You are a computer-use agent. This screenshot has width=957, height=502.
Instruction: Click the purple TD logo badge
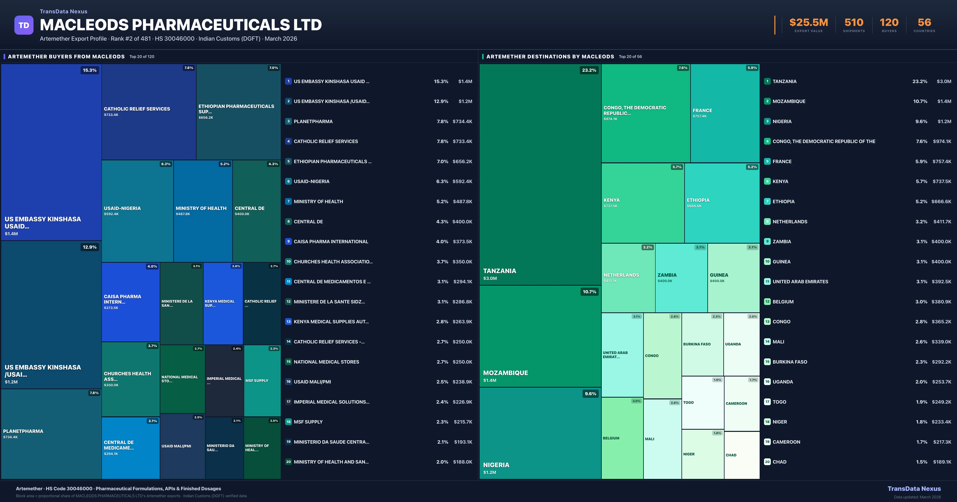[24, 25]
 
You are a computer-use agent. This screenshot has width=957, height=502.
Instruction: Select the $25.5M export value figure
[808, 23]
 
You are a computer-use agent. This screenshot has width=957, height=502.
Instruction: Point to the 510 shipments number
[854, 23]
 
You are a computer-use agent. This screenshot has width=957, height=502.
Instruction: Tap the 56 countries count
[924, 23]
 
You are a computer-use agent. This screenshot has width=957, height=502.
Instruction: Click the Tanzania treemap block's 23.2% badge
[589, 70]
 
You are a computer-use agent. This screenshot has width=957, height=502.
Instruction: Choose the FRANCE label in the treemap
[702, 111]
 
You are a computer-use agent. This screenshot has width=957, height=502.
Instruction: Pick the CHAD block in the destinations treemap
[741, 455]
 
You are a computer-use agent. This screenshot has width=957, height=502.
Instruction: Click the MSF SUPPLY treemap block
[262, 381]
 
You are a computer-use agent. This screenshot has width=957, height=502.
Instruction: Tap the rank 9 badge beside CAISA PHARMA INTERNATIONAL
[288, 241]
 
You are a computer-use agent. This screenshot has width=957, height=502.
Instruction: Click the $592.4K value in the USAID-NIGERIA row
[462, 181]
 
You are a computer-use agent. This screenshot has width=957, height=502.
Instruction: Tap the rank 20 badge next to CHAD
[767, 462]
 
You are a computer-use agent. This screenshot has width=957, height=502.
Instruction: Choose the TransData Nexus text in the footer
[914, 489]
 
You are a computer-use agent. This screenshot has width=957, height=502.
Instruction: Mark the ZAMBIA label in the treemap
[667, 275]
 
